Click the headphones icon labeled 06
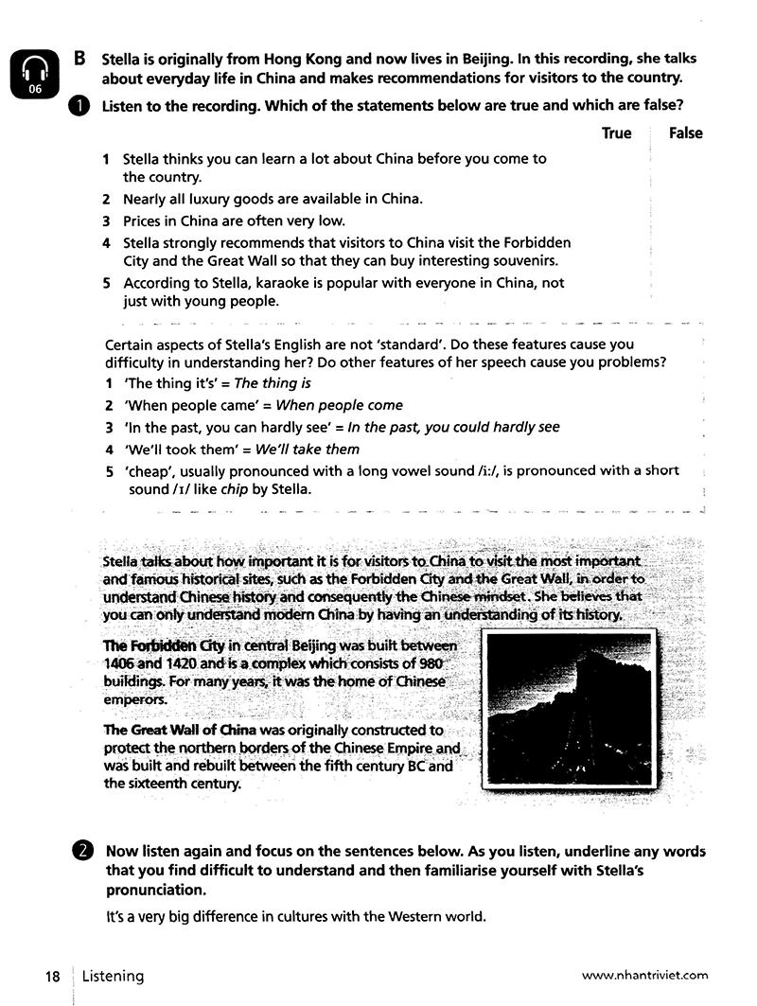pyautogui.click(x=35, y=73)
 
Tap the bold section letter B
pyautogui.click(x=80, y=57)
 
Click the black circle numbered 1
pyautogui.click(x=79, y=106)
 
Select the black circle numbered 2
pyautogui.click(x=82, y=851)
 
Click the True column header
pyautogui.click(x=616, y=133)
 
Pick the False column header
pyautogui.click(x=685, y=133)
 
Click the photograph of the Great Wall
pyautogui.click(x=568, y=710)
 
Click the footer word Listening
pyautogui.click(x=113, y=976)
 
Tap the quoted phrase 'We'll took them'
pyautogui.click(x=173, y=450)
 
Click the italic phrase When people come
pyautogui.click(x=339, y=405)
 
